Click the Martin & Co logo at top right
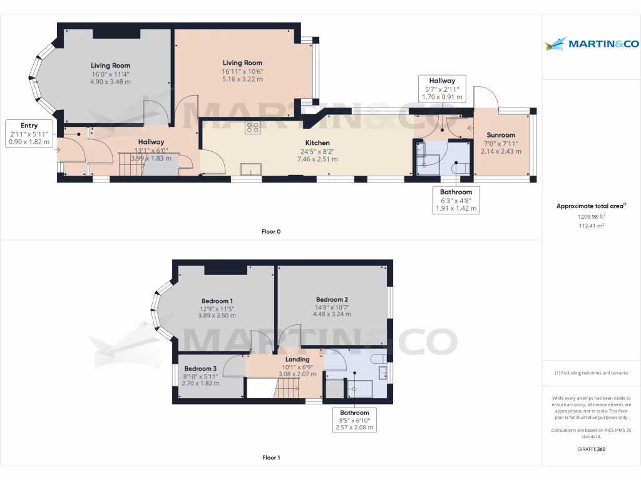coord(592,44)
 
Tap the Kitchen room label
coord(317,143)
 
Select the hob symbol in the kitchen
coord(253,128)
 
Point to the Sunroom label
coord(501,135)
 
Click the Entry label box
coord(29,134)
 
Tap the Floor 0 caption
coord(271,232)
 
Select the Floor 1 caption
coord(271,458)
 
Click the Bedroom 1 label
coord(217,301)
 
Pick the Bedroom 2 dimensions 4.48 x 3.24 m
coord(332,314)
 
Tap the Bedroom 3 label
coord(200,369)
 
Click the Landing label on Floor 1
coord(297,359)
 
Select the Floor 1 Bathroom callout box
coord(354,420)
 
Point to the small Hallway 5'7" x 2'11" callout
coord(442,89)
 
